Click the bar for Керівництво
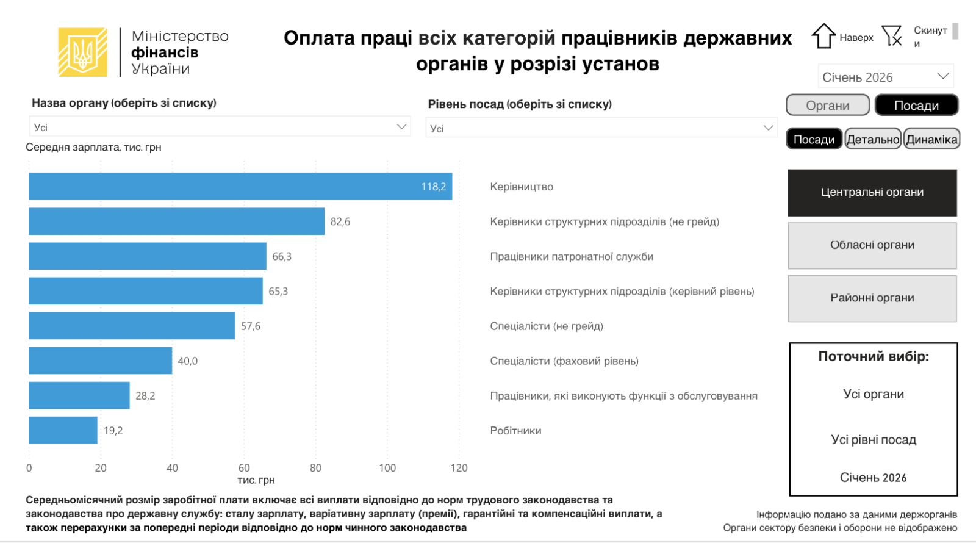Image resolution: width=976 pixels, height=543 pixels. (x=240, y=187)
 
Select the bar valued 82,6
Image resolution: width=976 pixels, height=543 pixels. (x=176, y=221)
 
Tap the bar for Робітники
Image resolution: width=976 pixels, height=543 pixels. (x=63, y=431)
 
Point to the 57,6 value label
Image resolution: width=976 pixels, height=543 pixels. (x=251, y=326)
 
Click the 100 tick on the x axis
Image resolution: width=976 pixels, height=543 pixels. (x=387, y=468)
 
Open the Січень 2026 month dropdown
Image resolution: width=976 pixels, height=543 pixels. (x=885, y=77)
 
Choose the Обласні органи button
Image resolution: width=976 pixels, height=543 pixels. (x=872, y=245)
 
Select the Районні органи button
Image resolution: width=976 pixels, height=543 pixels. (x=872, y=298)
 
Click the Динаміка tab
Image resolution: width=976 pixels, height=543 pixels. (x=931, y=140)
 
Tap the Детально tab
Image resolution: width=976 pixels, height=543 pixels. (x=873, y=140)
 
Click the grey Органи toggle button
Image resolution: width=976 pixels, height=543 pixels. (x=827, y=106)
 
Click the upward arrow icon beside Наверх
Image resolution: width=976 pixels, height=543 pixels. (x=823, y=36)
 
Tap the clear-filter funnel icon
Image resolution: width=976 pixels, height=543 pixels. (x=892, y=36)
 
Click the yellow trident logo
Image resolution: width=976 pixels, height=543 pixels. (x=83, y=52)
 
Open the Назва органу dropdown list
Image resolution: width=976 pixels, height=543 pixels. (x=220, y=127)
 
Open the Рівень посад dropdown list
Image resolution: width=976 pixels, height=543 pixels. (x=601, y=128)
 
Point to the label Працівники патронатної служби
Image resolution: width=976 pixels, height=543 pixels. (x=572, y=257)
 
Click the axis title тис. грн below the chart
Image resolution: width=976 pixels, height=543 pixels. (x=256, y=480)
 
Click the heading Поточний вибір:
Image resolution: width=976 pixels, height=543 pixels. (x=873, y=357)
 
